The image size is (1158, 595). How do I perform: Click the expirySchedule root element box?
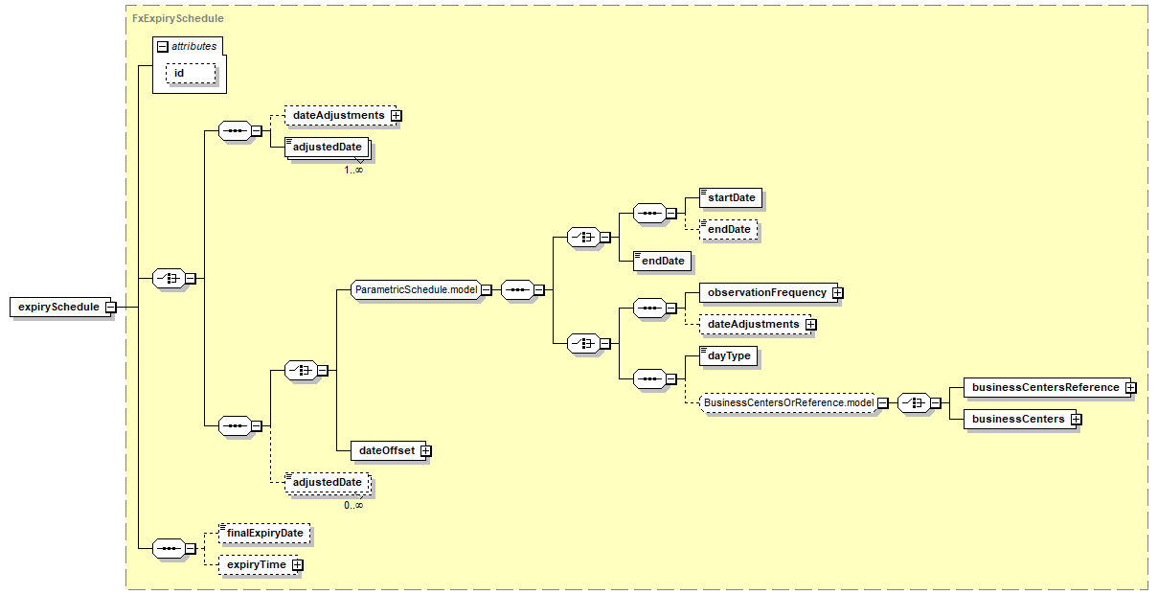pyautogui.click(x=57, y=307)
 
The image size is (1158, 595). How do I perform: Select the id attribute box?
pyautogui.click(x=190, y=74)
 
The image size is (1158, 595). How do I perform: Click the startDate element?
pyautogui.click(x=732, y=198)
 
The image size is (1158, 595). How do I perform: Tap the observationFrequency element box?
pyautogui.click(x=766, y=292)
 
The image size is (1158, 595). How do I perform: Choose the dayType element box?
pyautogui.click(x=729, y=355)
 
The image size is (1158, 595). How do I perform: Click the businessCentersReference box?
pyautogui.click(x=1045, y=387)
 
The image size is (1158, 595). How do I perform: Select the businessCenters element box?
pyautogui.click(x=1017, y=419)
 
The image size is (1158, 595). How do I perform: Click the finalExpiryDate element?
pyautogui.click(x=265, y=533)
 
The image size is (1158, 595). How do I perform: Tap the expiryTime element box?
pyautogui.click(x=256, y=565)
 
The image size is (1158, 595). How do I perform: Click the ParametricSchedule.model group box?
pyautogui.click(x=416, y=288)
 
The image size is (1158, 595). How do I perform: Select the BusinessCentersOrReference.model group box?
pyautogui.click(x=787, y=403)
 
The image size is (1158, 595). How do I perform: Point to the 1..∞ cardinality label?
pyautogui.click(x=353, y=170)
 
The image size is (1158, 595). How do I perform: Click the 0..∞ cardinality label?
pyautogui.click(x=353, y=505)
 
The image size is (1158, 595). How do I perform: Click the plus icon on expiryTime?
pyautogui.click(x=298, y=565)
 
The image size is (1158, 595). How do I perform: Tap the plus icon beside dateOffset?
pyautogui.click(x=425, y=450)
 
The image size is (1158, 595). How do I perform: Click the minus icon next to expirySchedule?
pyautogui.click(x=110, y=307)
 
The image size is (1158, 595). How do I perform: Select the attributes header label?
pyautogui.click(x=194, y=45)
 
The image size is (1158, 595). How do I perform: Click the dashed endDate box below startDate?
pyautogui.click(x=728, y=230)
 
